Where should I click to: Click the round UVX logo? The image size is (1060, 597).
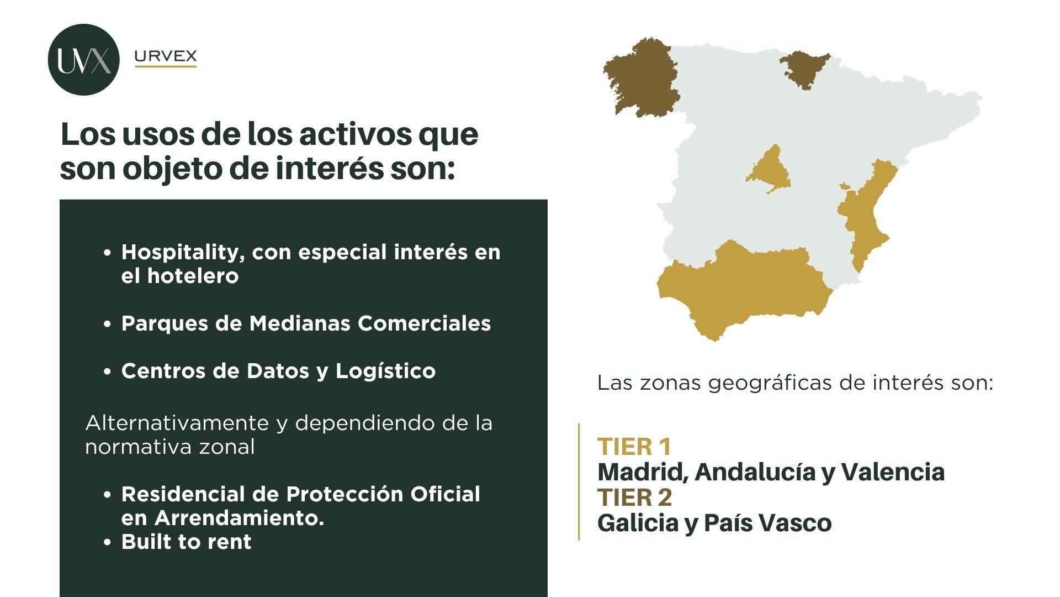pos(84,60)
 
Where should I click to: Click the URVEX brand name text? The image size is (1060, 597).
pos(166,56)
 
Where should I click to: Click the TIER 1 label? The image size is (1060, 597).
pos(634,447)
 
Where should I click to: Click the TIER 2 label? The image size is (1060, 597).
pos(635,498)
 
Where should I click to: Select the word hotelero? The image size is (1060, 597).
pos(193,276)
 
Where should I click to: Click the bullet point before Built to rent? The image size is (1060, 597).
pos(108,542)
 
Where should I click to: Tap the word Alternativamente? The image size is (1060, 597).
pos(177,423)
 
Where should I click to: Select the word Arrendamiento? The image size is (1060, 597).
pos(239,518)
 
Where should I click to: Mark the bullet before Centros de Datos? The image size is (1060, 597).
pos(108,371)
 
